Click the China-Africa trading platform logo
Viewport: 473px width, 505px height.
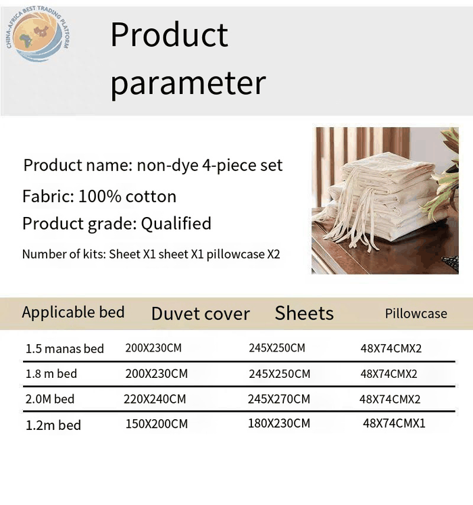[x=38, y=34]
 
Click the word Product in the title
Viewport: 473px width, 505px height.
[x=170, y=34]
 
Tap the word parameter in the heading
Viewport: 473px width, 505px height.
[x=188, y=84]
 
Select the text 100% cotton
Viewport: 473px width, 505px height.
[x=128, y=196]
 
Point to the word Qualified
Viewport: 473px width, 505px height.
[x=176, y=224]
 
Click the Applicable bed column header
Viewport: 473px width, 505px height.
[x=73, y=312]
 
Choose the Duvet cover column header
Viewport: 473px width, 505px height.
[x=201, y=314]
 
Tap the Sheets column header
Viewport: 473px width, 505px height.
[x=304, y=313]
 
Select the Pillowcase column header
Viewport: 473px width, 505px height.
[x=416, y=314]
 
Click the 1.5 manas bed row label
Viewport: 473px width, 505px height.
[x=64, y=349]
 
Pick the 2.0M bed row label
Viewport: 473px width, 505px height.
[x=50, y=399]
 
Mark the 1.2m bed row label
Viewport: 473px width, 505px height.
[x=53, y=425]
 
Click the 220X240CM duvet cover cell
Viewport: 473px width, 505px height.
[x=155, y=399]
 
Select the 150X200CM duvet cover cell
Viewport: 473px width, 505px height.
[x=157, y=424]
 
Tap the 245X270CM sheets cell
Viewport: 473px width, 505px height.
[x=279, y=399]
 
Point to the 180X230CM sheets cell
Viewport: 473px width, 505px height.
[x=279, y=423]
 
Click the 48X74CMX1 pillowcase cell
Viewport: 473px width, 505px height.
[x=394, y=423]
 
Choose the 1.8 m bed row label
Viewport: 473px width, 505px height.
[x=51, y=374]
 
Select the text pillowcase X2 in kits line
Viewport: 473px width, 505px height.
[x=243, y=254]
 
